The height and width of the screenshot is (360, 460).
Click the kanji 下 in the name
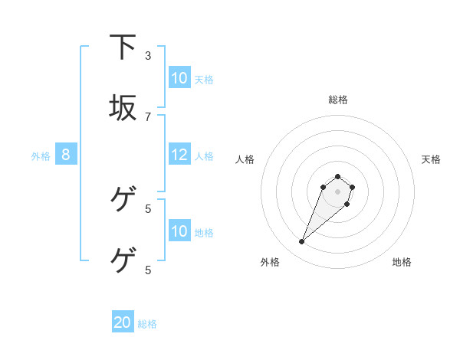(123, 47)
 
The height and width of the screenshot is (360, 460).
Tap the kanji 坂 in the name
(123, 108)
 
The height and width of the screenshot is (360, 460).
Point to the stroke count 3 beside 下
(148, 56)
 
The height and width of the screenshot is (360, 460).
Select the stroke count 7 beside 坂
(148, 116)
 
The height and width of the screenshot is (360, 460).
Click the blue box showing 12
(179, 155)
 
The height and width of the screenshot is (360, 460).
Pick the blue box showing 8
(66, 155)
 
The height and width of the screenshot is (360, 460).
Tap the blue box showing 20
(123, 322)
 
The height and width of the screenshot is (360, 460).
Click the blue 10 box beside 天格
(179, 78)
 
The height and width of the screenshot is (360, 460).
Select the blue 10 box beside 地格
(179, 231)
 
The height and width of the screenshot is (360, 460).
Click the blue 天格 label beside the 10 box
(204, 79)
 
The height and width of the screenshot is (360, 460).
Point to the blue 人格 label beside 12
(204, 155)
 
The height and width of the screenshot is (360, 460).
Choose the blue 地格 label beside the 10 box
(204, 232)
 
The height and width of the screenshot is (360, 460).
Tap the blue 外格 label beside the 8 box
(41, 155)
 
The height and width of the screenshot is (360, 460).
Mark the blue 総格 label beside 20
(147, 323)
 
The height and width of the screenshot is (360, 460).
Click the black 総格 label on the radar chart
(338, 100)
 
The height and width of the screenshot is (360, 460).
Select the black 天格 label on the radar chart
(431, 159)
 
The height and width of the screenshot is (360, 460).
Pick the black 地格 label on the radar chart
(402, 262)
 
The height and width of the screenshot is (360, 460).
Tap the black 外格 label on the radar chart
(270, 262)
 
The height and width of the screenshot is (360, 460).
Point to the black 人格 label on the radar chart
(245, 159)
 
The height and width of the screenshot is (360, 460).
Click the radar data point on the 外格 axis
(302, 242)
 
